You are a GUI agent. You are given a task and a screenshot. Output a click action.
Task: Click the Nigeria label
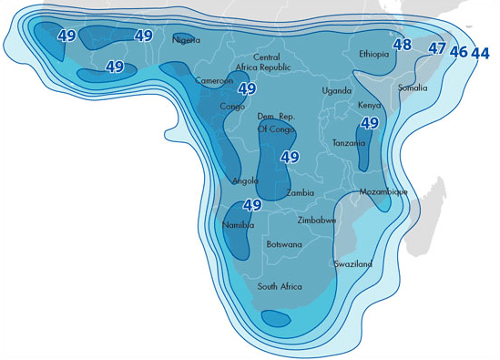[186, 39]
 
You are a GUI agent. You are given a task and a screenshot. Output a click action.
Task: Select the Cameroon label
[214, 80]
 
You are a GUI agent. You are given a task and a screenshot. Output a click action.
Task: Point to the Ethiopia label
[374, 54]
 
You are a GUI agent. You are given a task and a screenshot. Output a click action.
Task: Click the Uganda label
[337, 90]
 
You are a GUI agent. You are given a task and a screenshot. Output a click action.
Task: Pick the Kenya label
[370, 106]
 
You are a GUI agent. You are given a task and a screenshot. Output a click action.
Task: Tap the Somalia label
[413, 87]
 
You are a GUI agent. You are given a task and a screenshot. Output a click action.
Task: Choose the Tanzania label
[349, 143]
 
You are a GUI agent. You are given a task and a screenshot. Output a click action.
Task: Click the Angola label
[245, 180]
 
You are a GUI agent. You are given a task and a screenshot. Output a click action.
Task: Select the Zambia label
[301, 192]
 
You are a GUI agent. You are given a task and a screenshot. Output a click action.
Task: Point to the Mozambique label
[383, 192]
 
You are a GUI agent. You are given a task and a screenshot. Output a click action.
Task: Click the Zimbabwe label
[317, 221]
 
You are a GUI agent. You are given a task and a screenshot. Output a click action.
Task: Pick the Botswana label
[284, 244]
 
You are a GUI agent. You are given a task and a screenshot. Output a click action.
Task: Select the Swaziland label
[352, 263]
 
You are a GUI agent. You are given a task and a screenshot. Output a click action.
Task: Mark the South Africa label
[280, 286]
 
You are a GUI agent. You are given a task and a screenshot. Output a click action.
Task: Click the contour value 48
[402, 44]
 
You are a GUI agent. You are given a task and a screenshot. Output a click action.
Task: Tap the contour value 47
[437, 48]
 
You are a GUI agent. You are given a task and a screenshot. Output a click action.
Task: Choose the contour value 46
[458, 52]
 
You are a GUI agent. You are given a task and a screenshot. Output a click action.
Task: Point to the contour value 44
[480, 53]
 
